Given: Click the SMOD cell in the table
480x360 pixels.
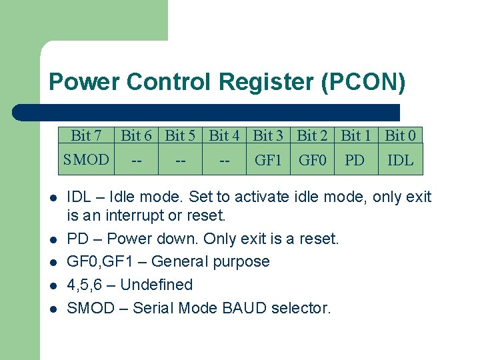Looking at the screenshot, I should tap(85, 160).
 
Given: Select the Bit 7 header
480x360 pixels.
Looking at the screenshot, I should tap(86, 136).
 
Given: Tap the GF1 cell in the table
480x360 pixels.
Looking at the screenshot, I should tap(268, 160).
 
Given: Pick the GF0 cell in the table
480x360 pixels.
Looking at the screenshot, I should tap(312, 160).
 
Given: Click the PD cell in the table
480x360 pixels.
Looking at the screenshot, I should tap(355, 160).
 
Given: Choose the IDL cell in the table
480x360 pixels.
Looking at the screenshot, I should tap(400, 160).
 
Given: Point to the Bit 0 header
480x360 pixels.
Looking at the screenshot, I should tap(401, 136).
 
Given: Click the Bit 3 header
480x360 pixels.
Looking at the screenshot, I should tap(268, 136).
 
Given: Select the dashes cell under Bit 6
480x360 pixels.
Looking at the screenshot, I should tap(136, 161).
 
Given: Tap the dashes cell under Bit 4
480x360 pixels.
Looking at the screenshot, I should tap(224, 161).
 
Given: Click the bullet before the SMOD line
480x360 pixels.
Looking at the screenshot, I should tap(52, 309).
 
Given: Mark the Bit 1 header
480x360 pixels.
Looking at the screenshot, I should tap(355, 136).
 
